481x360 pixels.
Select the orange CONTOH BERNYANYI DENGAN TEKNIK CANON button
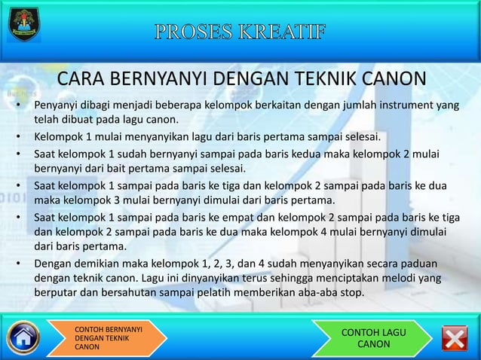[106, 339]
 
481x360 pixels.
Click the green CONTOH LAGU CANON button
[373, 338]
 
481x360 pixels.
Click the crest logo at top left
[24, 26]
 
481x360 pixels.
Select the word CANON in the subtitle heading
[392, 80]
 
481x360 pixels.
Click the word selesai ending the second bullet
[363, 137]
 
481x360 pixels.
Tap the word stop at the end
[352, 293]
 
